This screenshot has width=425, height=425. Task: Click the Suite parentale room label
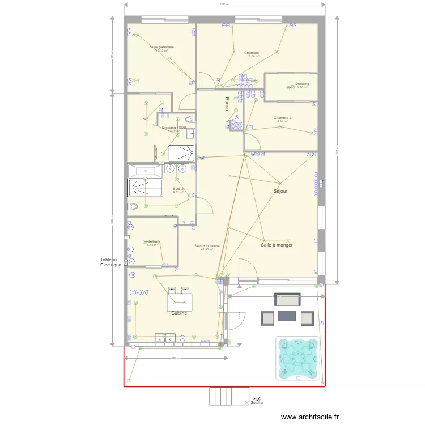[x=161, y=47]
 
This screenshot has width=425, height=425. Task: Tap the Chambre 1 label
[x=253, y=52]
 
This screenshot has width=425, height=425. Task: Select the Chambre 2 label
[x=282, y=118]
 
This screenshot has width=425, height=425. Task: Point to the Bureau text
[x=227, y=105]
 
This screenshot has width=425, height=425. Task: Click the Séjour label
[x=280, y=192]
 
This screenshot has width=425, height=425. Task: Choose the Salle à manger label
[x=277, y=245]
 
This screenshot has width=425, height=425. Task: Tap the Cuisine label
[x=179, y=312]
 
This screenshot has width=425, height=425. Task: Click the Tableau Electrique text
[x=110, y=262]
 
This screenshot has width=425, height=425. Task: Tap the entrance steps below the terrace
[x=229, y=396]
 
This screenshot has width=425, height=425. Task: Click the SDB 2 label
[x=178, y=189]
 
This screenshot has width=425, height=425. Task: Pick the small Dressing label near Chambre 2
[x=302, y=84]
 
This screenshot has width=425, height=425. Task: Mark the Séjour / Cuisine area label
[x=207, y=246]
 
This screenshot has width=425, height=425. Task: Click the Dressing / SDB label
[x=173, y=127]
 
